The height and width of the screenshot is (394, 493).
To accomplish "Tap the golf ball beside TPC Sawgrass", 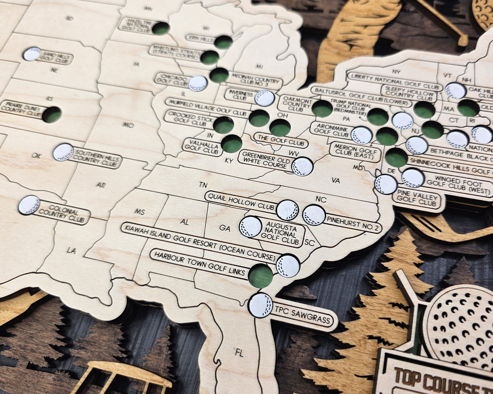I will coord(261,305).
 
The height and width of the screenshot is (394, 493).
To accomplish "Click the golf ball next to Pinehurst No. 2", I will coord(314,215).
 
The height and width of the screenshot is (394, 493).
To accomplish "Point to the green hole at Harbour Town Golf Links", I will coord(260,275).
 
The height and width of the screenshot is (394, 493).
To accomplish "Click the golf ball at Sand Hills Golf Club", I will coord(32,54).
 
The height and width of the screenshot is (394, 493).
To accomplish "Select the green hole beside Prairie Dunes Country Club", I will coord(52,115).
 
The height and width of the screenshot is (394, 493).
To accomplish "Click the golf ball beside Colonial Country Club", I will coord(29,205).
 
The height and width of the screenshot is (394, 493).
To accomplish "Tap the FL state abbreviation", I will coord(240,353).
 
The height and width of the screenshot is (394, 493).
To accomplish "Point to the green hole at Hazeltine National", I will coord(161,28).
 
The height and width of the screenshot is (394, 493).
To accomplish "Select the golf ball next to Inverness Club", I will coord(265,98).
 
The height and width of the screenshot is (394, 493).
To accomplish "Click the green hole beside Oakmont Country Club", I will coord(322,109).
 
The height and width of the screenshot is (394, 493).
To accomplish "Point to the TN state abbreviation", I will coord(203,185).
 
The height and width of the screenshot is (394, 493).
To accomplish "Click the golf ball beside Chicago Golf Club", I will coord(198,84).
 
